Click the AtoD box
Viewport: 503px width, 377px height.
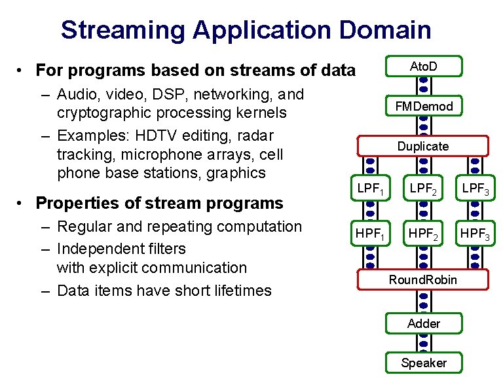click(423, 66)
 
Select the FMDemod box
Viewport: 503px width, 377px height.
click(423, 106)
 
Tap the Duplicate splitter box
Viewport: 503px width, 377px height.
click(423, 146)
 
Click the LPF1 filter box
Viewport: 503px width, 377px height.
click(371, 190)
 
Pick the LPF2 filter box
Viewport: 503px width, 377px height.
click(423, 190)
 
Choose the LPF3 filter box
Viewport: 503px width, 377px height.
click(476, 190)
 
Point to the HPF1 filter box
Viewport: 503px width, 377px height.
click(371, 232)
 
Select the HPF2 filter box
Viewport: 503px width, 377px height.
click(423, 232)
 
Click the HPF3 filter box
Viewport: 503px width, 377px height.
click(476, 232)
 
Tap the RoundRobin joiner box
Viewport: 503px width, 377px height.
click(423, 279)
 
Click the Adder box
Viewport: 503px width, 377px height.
click(423, 323)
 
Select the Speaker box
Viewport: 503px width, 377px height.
click(423, 363)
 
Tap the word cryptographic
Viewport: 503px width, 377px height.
click(103, 113)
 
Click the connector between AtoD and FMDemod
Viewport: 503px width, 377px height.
click(423, 86)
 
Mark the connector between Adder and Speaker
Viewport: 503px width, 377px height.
click(423, 343)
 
